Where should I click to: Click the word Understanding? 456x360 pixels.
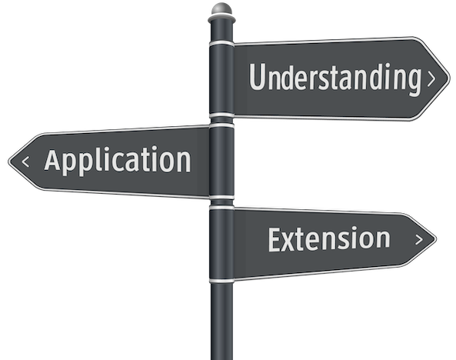click(335, 78)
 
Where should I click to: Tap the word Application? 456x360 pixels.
click(118, 160)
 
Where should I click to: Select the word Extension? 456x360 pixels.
click(329, 239)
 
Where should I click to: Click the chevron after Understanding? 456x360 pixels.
click(431, 79)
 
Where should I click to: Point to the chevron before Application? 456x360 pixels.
click(25, 162)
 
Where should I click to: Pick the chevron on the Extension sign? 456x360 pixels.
click(419, 239)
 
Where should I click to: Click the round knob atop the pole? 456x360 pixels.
click(221, 9)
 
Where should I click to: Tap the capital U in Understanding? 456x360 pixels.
click(258, 77)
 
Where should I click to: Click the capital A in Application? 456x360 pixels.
click(52, 159)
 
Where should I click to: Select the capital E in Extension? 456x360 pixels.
click(275, 240)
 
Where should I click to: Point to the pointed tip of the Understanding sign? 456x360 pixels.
click(450, 78)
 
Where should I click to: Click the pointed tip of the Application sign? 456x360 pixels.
click(8, 161)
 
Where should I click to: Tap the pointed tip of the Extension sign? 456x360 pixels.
click(436, 239)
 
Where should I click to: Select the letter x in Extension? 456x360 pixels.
click(290, 243)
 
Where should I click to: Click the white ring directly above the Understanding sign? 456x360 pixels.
click(221, 43)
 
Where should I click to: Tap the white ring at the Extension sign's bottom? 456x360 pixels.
click(221, 281)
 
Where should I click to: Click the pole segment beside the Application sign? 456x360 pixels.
click(221, 162)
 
